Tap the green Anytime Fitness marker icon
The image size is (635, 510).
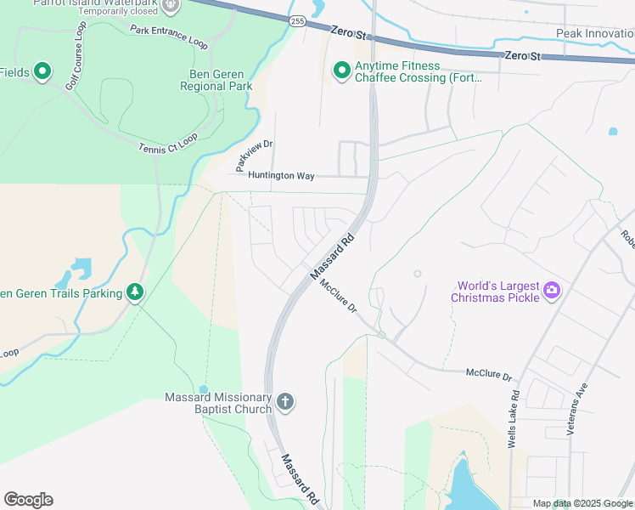[x=341, y=71]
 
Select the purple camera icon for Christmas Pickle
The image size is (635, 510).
[x=552, y=291]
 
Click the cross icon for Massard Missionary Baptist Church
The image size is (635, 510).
[x=286, y=402]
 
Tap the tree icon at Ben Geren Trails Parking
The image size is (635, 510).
[x=134, y=292]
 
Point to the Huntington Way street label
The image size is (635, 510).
[x=281, y=176]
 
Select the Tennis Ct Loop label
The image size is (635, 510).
[x=168, y=150]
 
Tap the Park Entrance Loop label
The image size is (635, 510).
[x=169, y=36]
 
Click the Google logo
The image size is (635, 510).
[x=28, y=500]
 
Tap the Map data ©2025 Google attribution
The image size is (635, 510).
[x=582, y=503]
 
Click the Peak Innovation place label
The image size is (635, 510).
[x=594, y=33]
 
